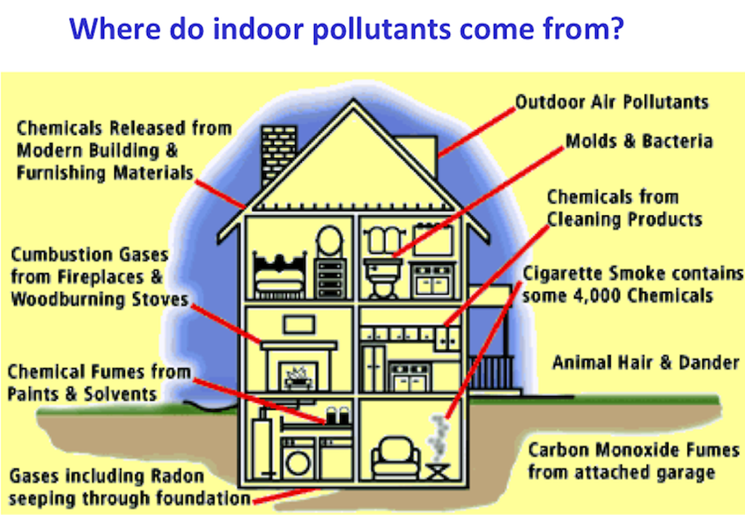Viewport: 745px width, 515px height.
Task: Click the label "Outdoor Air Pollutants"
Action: pyautogui.click(x=612, y=101)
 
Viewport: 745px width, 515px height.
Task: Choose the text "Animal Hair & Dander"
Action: pyautogui.click(x=645, y=361)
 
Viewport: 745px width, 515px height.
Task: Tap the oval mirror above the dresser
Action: pyautogui.click(x=330, y=242)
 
